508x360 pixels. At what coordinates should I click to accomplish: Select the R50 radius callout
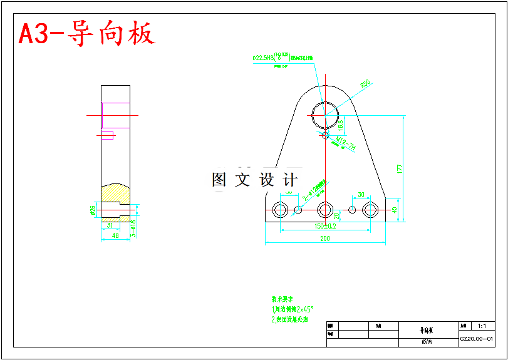pyautogui.click(x=365, y=84)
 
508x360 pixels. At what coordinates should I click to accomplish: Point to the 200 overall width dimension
pyautogui.click(x=324, y=239)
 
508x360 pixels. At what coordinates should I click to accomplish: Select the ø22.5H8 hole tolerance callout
pyautogui.click(x=271, y=57)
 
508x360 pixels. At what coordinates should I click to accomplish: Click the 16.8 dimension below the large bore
pyautogui.click(x=341, y=125)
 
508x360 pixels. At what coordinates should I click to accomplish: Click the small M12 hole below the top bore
pyautogui.click(x=324, y=135)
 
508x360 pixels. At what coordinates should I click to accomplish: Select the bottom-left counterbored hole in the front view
pyautogui.click(x=279, y=210)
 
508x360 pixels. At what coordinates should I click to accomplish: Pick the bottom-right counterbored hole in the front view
pyautogui.click(x=371, y=210)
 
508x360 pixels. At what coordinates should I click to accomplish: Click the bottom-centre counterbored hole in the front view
pyautogui.click(x=325, y=210)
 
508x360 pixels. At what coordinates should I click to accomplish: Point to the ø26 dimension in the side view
pyautogui.click(x=93, y=210)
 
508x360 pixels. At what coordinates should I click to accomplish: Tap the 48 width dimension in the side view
pyautogui.click(x=115, y=235)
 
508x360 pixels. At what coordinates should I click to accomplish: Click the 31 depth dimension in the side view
pyautogui.click(x=110, y=225)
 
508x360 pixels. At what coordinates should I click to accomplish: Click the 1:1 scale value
pyautogui.click(x=482, y=326)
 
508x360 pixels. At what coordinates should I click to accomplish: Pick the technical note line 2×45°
pyautogui.click(x=293, y=309)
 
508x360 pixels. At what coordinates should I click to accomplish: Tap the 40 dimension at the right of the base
pyautogui.click(x=395, y=210)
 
